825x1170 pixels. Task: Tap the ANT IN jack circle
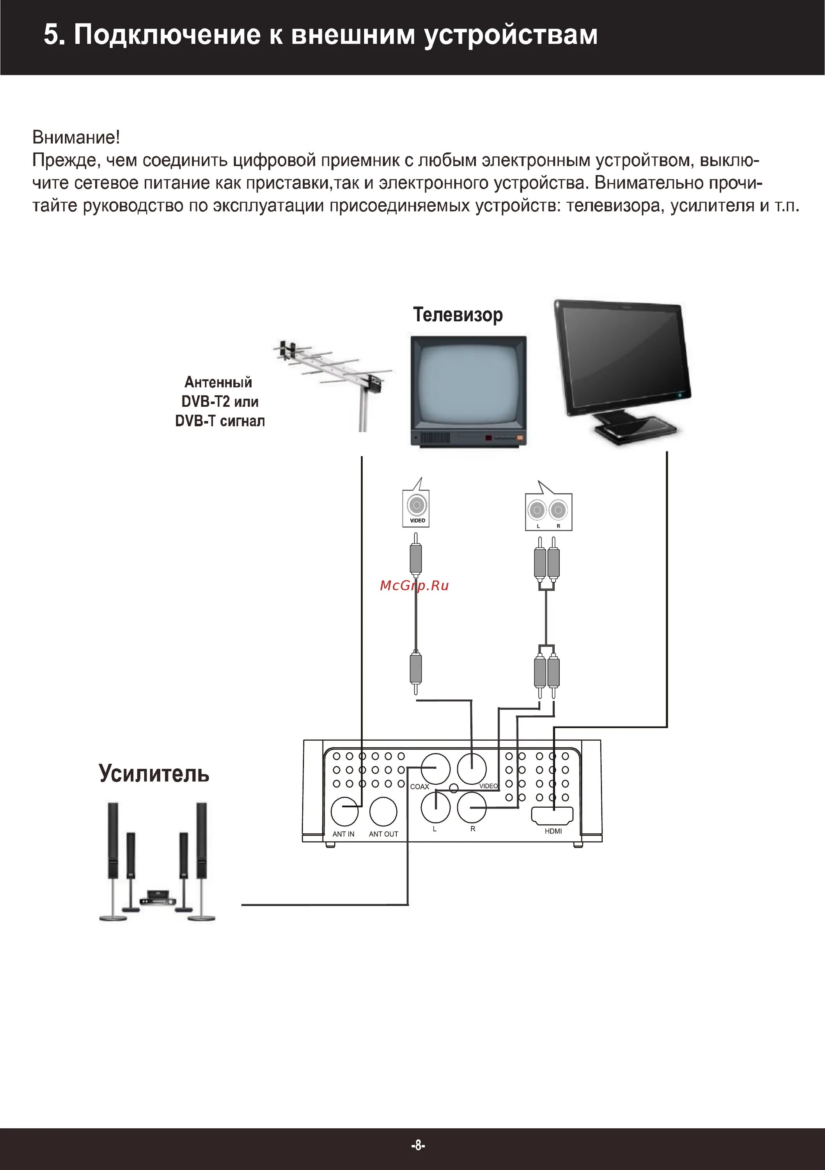pos(345,811)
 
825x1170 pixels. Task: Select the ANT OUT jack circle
pos(383,811)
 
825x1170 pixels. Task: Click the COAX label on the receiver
pos(419,787)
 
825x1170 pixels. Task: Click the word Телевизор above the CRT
pos(458,315)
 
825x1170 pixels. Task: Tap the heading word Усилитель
pos(154,773)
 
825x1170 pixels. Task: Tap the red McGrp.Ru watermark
pos(414,585)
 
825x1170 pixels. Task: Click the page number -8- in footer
pos(418,1145)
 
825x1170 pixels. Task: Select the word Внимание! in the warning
pos(76,137)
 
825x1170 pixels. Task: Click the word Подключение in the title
pos(167,35)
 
